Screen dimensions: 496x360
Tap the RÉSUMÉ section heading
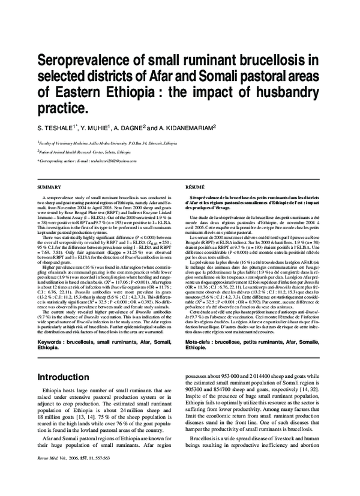195,188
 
